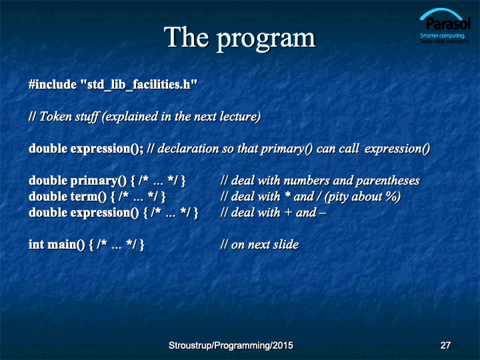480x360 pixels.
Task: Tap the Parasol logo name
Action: point(448,23)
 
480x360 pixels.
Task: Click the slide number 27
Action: point(445,345)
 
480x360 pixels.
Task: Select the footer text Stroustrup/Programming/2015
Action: point(231,345)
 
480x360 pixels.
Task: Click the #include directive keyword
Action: point(53,84)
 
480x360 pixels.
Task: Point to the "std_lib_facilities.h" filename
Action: point(139,85)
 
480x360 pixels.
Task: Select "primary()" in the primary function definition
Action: point(98,181)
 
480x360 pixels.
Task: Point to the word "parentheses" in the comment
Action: point(387,181)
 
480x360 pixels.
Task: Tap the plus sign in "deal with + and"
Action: point(288,213)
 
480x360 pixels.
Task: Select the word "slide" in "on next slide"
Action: point(286,244)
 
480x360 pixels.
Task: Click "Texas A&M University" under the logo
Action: point(445,41)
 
